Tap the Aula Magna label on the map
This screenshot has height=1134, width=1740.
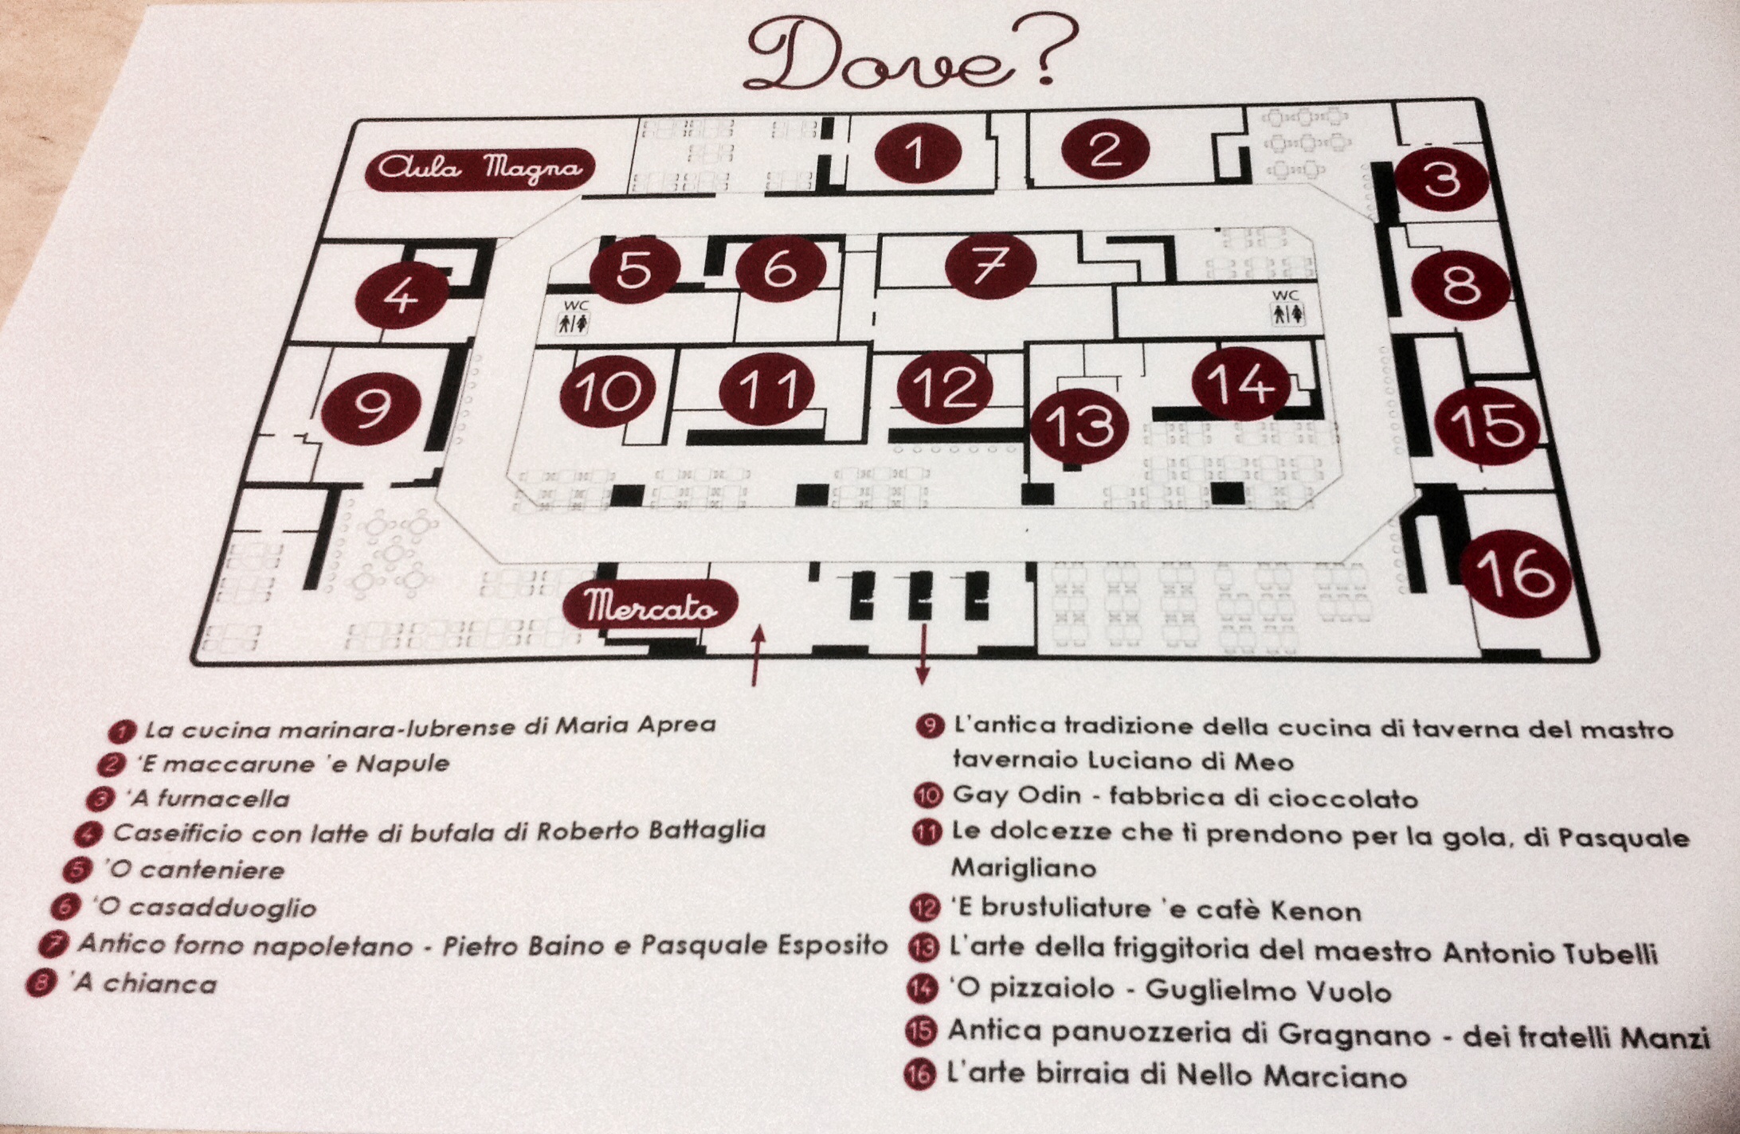point(480,170)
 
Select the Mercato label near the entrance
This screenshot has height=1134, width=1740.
point(650,606)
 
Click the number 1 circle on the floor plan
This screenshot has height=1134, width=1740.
point(917,152)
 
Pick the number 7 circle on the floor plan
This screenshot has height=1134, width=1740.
point(990,266)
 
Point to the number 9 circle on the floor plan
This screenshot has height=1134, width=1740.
point(370,408)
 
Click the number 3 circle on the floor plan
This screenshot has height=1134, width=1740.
point(1441,179)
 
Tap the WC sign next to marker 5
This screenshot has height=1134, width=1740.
point(574,316)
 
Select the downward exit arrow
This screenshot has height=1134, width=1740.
point(923,654)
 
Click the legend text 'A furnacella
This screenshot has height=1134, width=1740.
point(206,798)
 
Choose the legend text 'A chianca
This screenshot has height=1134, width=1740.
point(144,984)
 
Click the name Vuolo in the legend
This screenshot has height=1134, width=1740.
point(1347,991)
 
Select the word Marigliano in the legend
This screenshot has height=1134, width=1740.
point(1023,868)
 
